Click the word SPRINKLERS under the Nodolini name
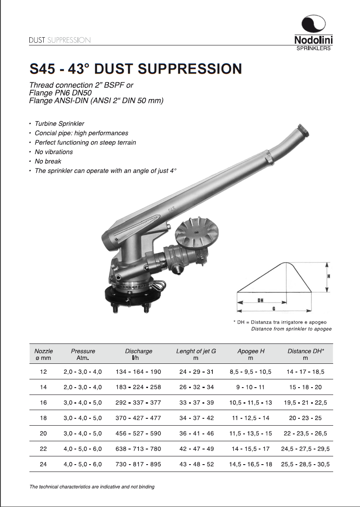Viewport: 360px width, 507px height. tap(313, 48)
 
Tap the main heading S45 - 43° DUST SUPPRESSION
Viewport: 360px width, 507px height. tap(135, 69)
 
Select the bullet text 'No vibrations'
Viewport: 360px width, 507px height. tap(54, 152)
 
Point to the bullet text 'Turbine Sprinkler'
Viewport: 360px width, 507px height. tap(59, 124)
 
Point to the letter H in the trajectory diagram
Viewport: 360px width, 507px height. tap(329, 276)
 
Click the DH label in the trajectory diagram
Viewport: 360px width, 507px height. tap(260, 300)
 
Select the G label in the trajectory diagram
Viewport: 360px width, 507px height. tap(274, 308)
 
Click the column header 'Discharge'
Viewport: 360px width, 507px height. tap(138, 351)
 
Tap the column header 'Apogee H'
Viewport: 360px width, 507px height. tap(251, 351)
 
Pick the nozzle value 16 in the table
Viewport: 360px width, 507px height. tap(43, 402)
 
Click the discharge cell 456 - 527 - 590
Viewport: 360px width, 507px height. tap(138, 433)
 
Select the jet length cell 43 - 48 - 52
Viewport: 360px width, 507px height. tap(196, 464)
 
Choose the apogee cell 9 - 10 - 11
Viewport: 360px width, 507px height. tap(251, 387)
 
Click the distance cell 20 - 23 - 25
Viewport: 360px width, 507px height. tap(305, 418)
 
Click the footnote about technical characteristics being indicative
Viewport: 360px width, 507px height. tap(92, 487)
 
